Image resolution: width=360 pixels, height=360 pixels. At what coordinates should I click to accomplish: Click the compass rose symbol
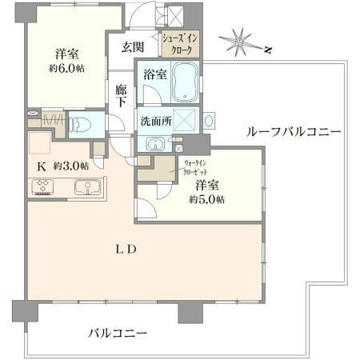[239, 42]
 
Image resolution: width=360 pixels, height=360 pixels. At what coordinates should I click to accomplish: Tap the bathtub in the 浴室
[185, 82]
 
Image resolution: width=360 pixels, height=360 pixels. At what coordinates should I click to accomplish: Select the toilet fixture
[80, 125]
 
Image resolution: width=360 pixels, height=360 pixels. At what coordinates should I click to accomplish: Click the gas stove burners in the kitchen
[42, 186]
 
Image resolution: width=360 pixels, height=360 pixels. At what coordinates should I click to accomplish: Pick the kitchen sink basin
[88, 186]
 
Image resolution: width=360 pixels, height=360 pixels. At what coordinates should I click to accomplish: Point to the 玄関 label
[133, 47]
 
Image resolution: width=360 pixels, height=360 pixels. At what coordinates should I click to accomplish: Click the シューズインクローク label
[180, 44]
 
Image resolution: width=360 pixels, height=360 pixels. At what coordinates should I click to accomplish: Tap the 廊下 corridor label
[121, 96]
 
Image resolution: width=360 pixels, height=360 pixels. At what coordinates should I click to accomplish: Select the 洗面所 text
[156, 122]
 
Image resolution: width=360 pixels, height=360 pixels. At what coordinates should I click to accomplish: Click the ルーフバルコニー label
[294, 131]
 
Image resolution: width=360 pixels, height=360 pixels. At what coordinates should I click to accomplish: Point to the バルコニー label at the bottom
[118, 333]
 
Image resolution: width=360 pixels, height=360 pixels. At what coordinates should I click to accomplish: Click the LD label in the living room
[126, 250]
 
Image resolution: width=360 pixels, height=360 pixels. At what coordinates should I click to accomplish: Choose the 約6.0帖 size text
[66, 69]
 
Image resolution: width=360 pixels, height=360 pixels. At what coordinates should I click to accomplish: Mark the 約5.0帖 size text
[207, 199]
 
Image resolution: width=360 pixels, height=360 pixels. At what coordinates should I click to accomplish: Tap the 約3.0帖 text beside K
[71, 166]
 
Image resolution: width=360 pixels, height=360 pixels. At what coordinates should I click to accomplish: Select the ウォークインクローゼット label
[195, 167]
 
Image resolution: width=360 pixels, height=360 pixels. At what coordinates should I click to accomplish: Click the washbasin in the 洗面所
[155, 144]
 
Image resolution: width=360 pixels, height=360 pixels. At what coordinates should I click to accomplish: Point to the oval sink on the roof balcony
[209, 121]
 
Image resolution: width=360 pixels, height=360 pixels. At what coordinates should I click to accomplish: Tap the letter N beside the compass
[268, 50]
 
